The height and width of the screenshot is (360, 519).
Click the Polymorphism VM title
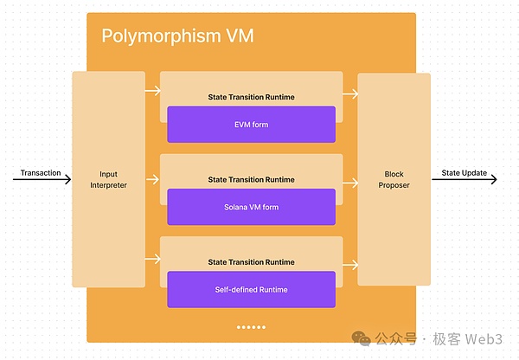(x=177, y=36)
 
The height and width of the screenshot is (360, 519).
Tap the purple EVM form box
(x=251, y=125)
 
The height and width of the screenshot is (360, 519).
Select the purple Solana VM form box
(x=251, y=207)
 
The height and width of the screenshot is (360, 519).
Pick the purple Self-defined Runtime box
(x=251, y=289)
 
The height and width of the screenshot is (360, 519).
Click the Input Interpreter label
(x=108, y=179)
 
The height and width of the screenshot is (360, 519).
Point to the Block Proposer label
(x=394, y=179)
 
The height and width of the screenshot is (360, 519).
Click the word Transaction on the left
(x=41, y=173)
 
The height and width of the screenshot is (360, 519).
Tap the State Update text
(x=464, y=173)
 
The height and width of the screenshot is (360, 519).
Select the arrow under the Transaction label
(x=42, y=180)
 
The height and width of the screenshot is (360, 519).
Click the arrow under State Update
(x=465, y=180)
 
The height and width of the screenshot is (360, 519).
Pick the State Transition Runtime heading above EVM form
(x=251, y=97)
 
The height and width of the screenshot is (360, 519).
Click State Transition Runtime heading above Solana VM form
(x=251, y=179)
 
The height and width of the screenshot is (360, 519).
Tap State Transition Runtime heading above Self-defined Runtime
(x=251, y=261)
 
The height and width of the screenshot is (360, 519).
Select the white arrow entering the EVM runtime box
(x=152, y=90)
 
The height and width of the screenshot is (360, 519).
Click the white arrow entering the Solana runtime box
(x=152, y=179)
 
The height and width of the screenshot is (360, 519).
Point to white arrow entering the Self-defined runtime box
(x=152, y=257)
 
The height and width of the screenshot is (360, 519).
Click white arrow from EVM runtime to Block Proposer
(x=350, y=94)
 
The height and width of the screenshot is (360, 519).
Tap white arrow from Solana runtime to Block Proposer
(x=350, y=183)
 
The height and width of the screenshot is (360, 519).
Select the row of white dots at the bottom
(x=251, y=327)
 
